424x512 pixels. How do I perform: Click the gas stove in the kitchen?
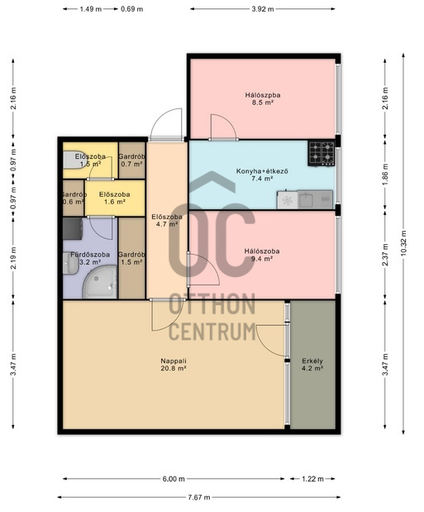click(x=322, y=153)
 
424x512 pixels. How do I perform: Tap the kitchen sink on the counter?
click(x=306, y=199)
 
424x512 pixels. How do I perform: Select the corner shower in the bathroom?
click(x=100, y=282)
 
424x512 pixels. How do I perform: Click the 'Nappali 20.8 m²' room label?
click(x=174, y=365)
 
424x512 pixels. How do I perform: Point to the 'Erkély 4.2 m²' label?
click(x=312, y=365)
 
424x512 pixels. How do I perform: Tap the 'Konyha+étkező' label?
click(x=262, y=171)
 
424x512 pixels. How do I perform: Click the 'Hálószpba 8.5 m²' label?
click(x=263, y=98)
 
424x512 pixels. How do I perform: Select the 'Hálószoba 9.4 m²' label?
click(x=262, y=255)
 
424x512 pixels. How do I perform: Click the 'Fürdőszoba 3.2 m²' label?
click(x=90, y=258)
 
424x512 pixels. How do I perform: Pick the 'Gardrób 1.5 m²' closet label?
click(x=131, y=258)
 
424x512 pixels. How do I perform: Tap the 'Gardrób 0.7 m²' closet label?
click(x=131, y=160)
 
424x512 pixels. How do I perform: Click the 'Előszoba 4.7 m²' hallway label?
click(x=167, y=220)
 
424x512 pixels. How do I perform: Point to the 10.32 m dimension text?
click(x=403, y=243)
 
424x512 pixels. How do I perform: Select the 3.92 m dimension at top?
click(x=263, y=9)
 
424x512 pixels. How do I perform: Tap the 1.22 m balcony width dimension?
click(x=312, y=479)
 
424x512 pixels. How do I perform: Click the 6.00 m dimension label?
click(x=174, y=479)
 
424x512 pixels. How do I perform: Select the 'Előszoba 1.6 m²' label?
click(x=115, y=198)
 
